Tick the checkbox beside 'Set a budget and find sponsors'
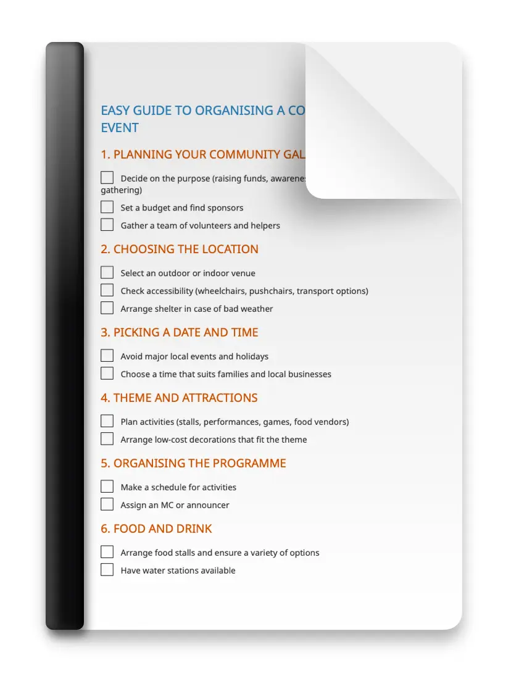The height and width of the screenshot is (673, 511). click(107, 207)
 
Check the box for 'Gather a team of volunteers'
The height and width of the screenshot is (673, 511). click(107, 225)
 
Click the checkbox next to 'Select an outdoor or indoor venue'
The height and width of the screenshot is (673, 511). click(107, 272)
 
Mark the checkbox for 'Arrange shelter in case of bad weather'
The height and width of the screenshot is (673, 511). click(107, 308)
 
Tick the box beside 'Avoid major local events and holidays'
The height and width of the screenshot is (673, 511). click(107, 356)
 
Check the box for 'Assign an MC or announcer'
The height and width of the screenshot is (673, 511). click(107, 504)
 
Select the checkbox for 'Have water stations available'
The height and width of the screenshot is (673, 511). click(107, 570)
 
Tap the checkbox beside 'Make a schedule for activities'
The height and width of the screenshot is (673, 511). click(107, 487)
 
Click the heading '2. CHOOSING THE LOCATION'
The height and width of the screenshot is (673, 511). click(180, 249)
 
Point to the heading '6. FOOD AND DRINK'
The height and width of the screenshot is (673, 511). click(156, 529)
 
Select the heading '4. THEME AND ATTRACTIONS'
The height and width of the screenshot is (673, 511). click(179, 398)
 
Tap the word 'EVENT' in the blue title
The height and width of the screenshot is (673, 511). click(120, 128)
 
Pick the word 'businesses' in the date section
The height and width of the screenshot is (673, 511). click(310, 374)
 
